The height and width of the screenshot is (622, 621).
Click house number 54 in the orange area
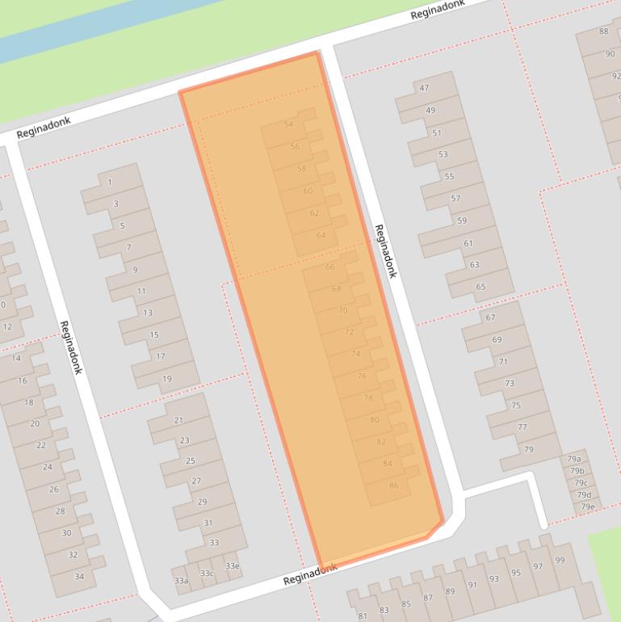point(288,124)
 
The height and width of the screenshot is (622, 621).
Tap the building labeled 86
point(393,485)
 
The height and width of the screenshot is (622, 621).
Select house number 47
point(425,88)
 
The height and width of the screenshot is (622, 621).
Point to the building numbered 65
point(480,286)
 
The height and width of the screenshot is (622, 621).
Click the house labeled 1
point(110,183)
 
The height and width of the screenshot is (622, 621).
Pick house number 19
point(166,378)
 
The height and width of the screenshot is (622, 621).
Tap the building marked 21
point(178,420)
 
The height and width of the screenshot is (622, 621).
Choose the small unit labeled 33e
point(233,565)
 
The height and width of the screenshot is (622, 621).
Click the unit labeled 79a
point(574,459)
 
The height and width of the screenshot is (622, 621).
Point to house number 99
point(560,560)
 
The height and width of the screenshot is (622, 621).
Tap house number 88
point(603,32)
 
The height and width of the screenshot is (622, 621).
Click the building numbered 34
point(79,576)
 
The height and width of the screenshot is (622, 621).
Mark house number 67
point(490,317)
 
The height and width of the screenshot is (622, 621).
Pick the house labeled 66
point(329,267)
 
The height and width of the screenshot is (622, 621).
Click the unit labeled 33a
point(181,580)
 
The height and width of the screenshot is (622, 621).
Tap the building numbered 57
point(455,198)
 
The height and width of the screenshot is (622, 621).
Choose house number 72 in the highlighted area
point(349,332)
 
